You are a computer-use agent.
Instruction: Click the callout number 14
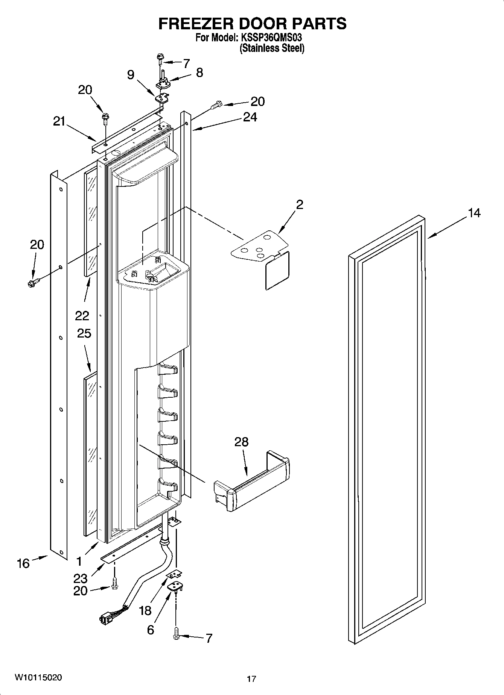(x=474, y=213)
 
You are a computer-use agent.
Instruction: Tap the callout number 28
(x=241, y=442)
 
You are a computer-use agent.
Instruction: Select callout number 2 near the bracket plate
(x=300, y=205)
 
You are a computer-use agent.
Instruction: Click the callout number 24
(x=250, y=117)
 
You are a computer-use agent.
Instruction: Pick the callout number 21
(x=59, y=121)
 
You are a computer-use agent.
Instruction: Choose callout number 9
(x=131, y=75)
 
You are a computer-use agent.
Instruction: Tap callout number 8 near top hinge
(x=199, y=72)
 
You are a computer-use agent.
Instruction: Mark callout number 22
(x=82, y=315)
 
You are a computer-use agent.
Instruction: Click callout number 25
(x=84, y=333)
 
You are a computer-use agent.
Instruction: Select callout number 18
(x=145, y=610)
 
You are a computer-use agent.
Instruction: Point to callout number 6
(x=150, y=630)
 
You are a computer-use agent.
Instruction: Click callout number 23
(x=81, y=578)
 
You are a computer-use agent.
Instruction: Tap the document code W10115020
(x=38, y=677)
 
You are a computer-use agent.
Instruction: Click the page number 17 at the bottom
(x=251, y=678)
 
